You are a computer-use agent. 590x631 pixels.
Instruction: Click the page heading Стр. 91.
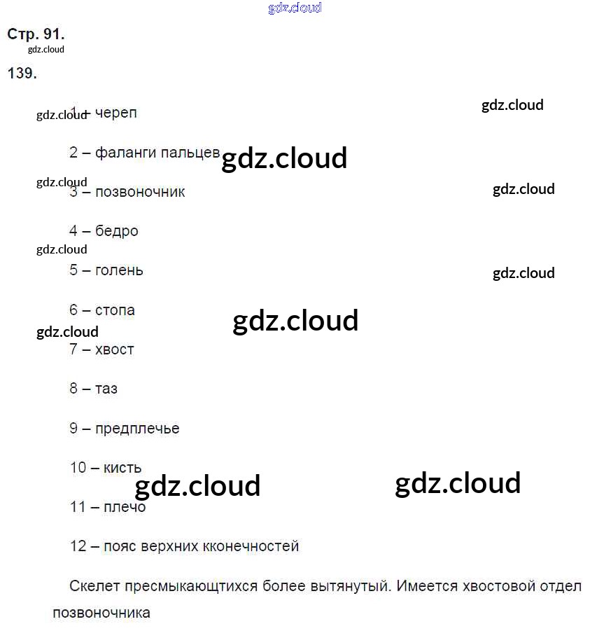(36, 34)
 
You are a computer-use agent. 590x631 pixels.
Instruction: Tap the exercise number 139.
(22, 74)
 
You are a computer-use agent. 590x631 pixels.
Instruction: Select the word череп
(116, 113)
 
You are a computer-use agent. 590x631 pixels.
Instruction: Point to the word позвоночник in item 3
(140, 192)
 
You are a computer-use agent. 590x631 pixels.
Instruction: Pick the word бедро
(117, 231)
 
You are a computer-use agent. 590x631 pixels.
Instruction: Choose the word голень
(119, 270)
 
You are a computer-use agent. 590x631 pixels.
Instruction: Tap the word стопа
(115, 310)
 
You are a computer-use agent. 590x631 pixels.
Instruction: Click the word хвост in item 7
(115, 349)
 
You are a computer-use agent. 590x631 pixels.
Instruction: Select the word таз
(106, 388)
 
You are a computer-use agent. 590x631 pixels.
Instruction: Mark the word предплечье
(137, 429)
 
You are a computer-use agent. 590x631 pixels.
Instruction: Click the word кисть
(122, 467)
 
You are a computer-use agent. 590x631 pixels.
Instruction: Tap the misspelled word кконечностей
(250, 546)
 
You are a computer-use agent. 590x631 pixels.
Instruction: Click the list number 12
(78, 546)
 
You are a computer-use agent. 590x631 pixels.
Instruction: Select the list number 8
(73, 388)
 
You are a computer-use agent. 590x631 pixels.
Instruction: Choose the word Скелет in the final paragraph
(94, 586)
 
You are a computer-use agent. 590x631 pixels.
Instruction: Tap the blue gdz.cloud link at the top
(295, 8)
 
